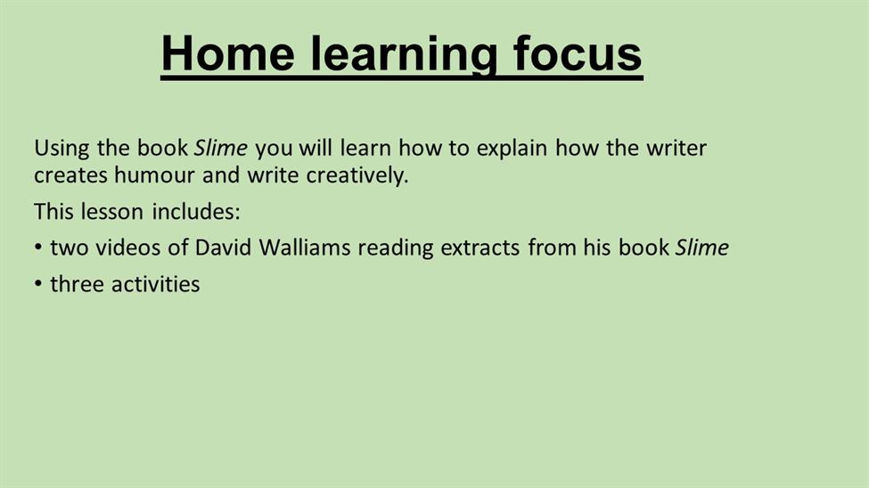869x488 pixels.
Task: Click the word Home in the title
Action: [228, 53]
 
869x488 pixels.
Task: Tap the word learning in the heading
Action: [403, 55]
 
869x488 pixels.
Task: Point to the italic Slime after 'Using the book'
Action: [220, 148]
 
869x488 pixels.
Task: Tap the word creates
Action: [70, 175]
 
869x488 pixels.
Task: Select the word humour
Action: [154, 175]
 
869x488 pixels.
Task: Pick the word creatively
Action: [357, 176]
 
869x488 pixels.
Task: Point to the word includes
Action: [196, 212]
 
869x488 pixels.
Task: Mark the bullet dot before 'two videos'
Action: [38, 247]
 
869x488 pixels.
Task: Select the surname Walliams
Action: [305, 248]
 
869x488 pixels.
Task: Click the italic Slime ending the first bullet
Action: [701, 248]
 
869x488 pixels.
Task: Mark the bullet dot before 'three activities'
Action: [38, 283]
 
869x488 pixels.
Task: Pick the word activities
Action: [155, 284]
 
